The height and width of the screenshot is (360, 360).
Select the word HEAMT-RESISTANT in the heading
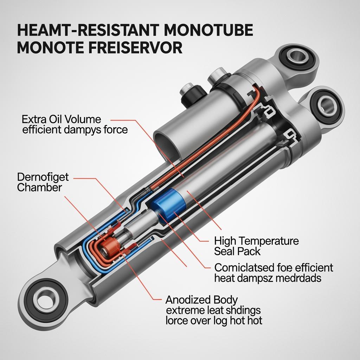[88, 30]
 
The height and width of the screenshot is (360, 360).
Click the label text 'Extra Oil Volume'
[61, 120]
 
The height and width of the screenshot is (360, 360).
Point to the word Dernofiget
[43, 177]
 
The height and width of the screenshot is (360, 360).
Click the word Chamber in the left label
[39, 187]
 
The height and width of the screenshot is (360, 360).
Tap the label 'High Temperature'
[256, 241]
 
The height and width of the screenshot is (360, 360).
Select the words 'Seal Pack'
[237, 251]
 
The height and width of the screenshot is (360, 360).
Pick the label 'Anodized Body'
[201, 300]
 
